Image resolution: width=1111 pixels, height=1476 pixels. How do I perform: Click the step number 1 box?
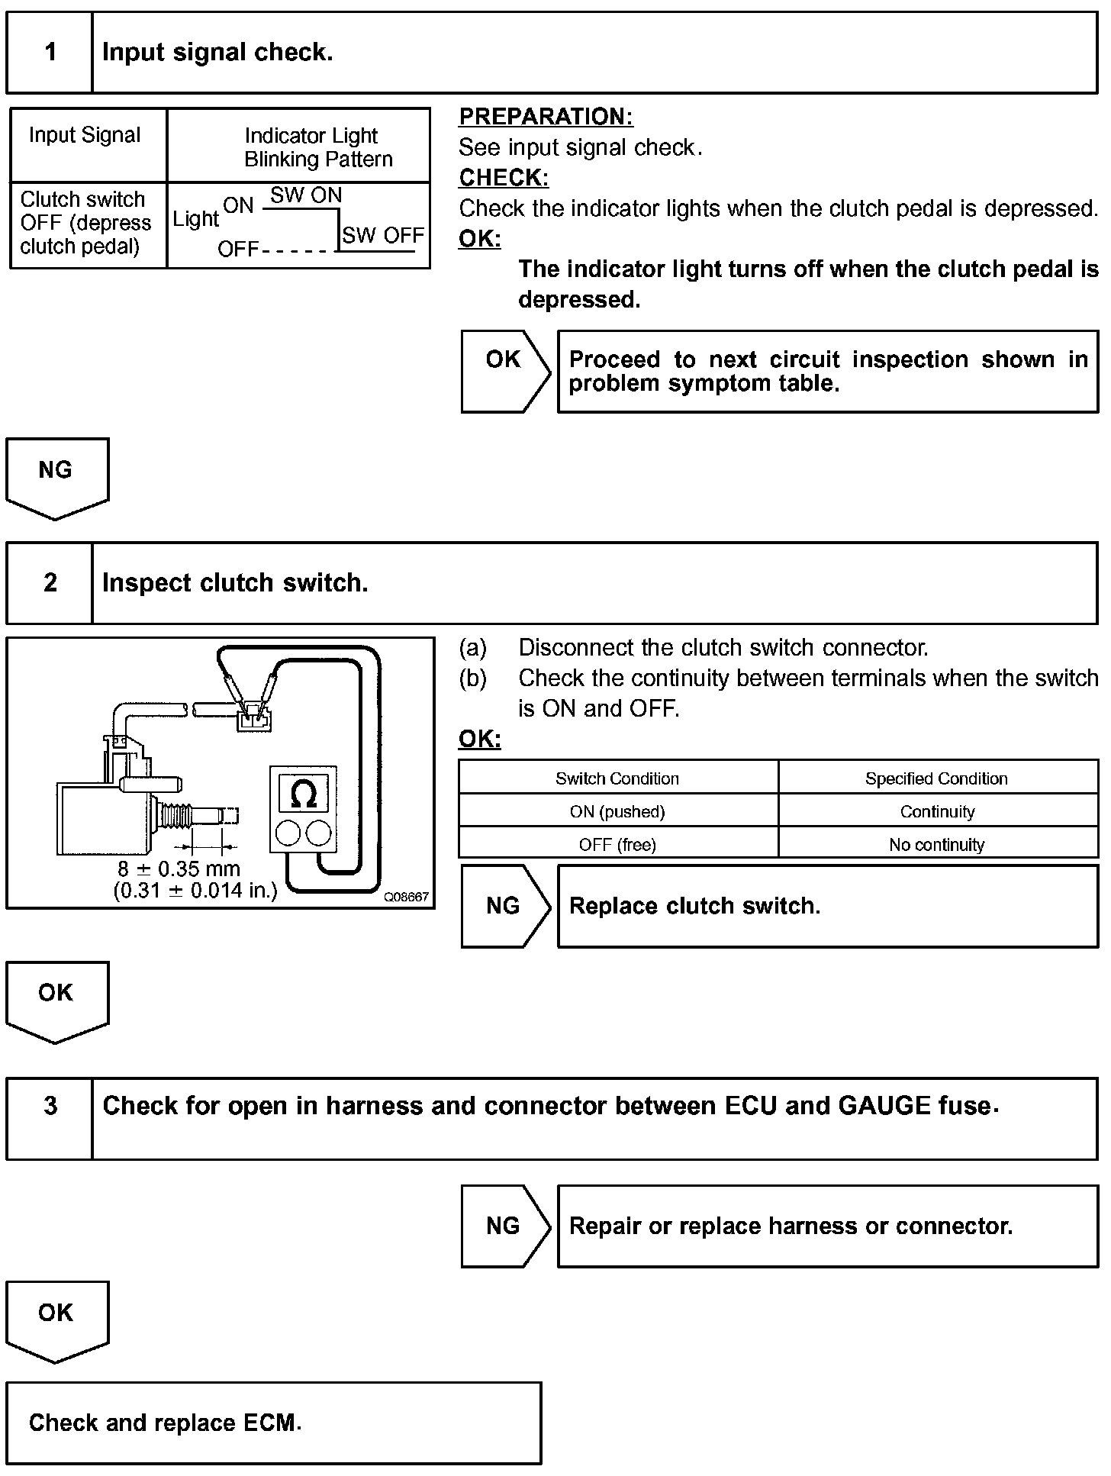[50, 53]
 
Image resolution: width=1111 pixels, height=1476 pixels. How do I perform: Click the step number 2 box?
[50, 583]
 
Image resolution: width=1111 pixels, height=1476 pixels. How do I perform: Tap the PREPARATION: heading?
[546, 117]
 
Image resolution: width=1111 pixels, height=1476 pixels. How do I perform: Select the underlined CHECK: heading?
[503, 178]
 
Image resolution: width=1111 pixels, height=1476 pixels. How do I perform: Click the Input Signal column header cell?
[85, 136]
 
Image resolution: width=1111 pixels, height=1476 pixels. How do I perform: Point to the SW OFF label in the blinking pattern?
[382, 235]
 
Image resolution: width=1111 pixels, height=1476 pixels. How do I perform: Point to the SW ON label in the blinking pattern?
[306, 195]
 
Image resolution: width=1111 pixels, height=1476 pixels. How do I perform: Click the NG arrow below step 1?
[56, 474]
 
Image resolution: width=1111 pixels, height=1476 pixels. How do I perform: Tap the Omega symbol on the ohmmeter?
[304, 794]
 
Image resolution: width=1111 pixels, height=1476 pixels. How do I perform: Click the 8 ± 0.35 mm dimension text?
[179, 869]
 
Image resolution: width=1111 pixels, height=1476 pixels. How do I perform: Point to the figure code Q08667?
[406, 898]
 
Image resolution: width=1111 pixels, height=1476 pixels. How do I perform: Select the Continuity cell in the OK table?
[937, 812]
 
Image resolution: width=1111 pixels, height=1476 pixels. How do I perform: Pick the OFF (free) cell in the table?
[617, 845]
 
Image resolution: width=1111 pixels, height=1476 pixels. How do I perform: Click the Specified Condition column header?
[936, 778]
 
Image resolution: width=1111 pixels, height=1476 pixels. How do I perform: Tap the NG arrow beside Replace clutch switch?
[504, 906]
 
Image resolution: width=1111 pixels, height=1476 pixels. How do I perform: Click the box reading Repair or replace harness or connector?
[827, 1226]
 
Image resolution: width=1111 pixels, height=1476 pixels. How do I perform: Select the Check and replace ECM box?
[273, 1423]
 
